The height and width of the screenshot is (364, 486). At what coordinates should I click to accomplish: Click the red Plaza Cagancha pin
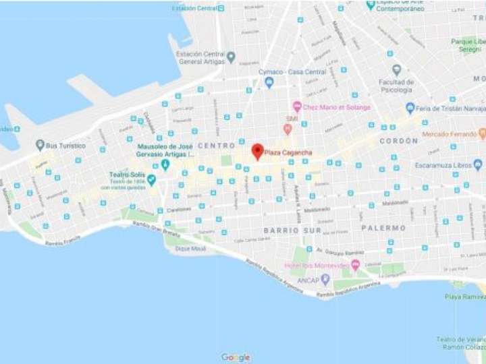(x=257, y=151)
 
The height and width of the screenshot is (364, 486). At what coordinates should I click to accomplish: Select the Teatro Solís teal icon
(x=151, y=180)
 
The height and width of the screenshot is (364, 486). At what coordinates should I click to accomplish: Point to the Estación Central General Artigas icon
(x=231, y=57)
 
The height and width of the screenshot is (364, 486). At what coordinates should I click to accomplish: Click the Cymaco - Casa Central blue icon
(x=269, y=83)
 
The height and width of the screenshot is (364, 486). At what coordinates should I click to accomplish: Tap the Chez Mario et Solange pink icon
(x=296, y=107)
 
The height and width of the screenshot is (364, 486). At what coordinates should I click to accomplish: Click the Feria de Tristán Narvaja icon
(x=410, y=108)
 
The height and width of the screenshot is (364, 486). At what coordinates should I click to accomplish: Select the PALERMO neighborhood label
(x=383, y=228)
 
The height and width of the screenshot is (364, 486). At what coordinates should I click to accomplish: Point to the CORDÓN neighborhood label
(x=399, y=141)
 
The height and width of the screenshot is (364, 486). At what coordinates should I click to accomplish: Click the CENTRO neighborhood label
(x=216, y=146)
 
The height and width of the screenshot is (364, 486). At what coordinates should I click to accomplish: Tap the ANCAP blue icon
(x=325, y=278)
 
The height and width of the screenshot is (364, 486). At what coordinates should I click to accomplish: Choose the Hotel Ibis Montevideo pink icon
(x=355, y=265)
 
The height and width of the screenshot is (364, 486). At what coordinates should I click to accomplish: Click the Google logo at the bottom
(x=236, y=357)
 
